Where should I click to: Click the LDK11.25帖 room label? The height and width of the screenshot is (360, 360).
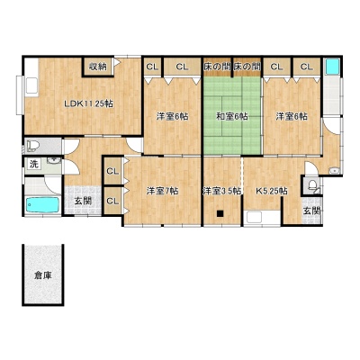(89, 104)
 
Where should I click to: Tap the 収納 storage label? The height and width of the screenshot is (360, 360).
(98, 67)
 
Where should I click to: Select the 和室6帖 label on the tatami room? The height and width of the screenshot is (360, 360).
(232, 116)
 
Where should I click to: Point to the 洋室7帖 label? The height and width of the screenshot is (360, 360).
(162, 191)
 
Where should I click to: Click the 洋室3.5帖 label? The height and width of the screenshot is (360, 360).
(222, 191)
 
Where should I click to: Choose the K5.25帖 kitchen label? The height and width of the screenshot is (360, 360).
(272, 191)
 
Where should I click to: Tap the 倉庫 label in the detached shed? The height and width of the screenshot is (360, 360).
(42, 275)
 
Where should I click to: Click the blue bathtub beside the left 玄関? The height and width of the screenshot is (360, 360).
(42, 205)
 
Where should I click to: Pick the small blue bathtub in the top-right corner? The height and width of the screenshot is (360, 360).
(332, 66)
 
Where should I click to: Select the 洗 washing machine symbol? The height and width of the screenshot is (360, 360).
(34, 164)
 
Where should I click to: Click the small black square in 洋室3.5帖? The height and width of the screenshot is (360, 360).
(220, 213)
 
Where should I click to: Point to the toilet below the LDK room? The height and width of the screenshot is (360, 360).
(33, 146)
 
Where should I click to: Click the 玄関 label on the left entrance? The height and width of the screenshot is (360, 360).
(83, 201)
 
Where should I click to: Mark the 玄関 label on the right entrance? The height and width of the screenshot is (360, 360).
(312, 211)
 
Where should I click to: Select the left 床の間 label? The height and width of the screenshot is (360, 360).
(217, 67)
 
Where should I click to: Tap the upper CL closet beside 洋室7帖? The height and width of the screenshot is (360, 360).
(112, 171)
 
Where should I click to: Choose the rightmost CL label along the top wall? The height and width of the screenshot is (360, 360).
(306, 67)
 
